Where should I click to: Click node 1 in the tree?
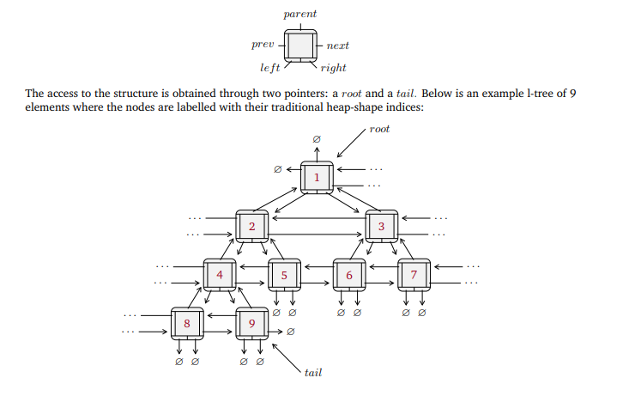317,178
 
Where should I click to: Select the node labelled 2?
252,227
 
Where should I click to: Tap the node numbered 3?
381,227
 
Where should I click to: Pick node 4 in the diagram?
220,276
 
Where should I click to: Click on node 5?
284,276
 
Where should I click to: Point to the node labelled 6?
348,276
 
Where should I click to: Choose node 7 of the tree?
414,276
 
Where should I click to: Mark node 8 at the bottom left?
187,324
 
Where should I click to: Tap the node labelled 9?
251,324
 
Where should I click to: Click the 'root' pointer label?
379,129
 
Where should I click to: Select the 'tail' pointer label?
312,373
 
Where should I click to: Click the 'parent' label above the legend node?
300,14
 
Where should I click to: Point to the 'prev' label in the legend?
262,43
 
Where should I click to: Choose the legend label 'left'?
270,67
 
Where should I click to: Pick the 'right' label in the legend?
333,67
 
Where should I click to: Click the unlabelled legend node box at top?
300,43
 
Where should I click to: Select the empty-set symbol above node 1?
317,138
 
